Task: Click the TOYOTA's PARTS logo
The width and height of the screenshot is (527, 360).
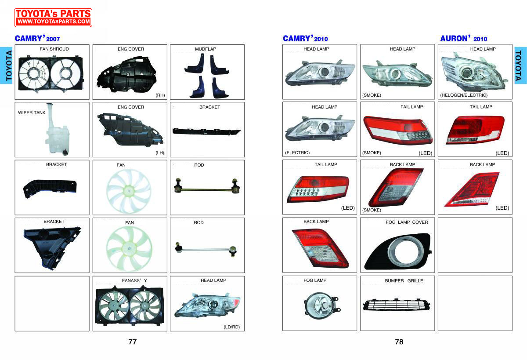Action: point(53,18)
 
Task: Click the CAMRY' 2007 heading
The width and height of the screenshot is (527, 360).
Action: point(37,38)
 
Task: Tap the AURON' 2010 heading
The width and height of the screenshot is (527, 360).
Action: point(463,38)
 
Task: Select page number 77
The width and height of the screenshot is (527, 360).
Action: point(133,342)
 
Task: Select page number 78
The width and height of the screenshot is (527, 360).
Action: point(399,342)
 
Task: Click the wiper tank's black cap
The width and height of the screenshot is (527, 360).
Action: point(65,153)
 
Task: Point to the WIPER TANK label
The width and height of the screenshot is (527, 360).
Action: point(32,113)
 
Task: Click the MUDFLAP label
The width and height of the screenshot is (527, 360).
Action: point(206,49)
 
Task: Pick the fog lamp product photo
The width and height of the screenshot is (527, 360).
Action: point(322,305)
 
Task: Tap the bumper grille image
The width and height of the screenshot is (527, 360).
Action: point(397,305)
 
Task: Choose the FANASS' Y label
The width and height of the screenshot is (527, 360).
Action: point(134,280)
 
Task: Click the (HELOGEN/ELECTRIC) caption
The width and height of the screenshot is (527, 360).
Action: point(464,95)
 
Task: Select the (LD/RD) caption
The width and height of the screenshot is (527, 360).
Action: point(231,327)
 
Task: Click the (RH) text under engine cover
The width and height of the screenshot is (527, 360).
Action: point(160,95)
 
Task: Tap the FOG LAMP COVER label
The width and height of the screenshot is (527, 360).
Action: point(407,222)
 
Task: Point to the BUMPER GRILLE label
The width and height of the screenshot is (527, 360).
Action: point(404,280)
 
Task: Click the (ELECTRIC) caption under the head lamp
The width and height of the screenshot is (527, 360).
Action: point(297,153)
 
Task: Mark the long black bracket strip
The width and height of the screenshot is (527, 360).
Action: point(206,131)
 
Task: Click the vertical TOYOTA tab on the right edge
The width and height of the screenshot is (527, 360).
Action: point(520,65)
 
